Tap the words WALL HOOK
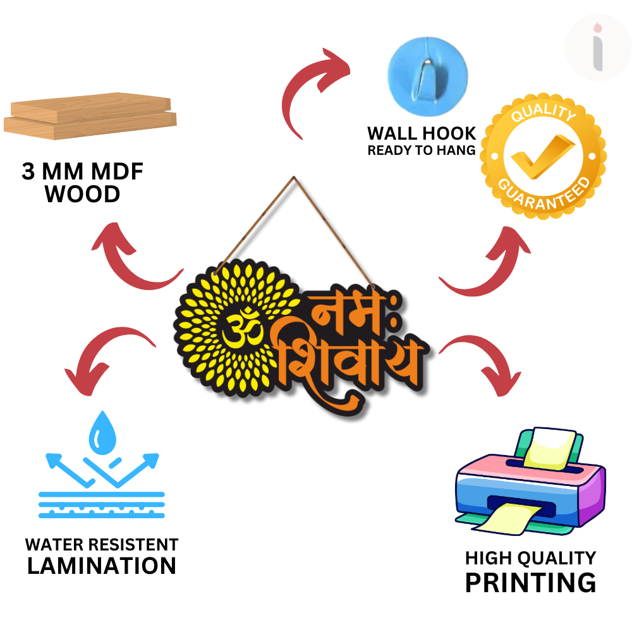(x=422, y=133)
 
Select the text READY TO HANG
(x=422, y=150)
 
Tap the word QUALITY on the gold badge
(x=544, y=115)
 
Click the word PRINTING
(x=530, y=582)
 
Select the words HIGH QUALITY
(x=530, y=558)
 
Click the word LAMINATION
(x=102, y=566)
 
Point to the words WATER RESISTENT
(x=102, y=544)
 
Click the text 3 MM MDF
(x=82, y=172)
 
